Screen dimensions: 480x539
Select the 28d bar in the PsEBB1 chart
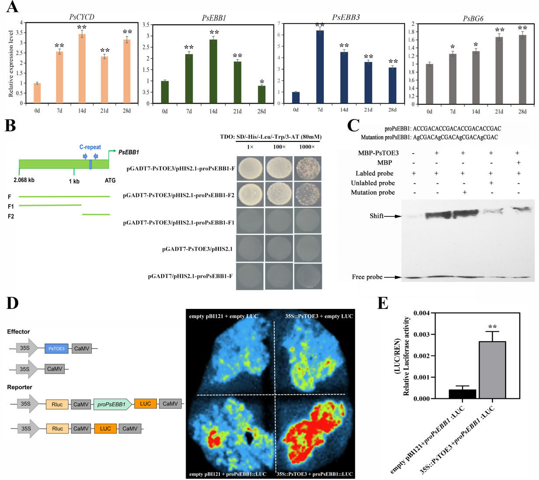point(261,95)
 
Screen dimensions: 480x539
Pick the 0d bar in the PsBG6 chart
point(429,84)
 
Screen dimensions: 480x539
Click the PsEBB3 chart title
point(346,17)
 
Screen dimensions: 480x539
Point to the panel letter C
point(353,126)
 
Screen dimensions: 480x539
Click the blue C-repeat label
point(90,147)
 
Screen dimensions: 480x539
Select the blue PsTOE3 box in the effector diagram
point(56,349)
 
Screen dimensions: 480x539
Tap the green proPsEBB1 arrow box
point(112,404)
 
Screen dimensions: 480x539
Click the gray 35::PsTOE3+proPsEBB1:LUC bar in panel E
point(492,370)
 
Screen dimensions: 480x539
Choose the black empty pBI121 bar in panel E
point(462,394)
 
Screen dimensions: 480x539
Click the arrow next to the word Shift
point(393,216)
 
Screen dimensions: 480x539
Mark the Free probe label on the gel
point(367,277)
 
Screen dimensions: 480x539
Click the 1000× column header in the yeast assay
point(307,147)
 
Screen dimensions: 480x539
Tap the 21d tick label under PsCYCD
point(104,111)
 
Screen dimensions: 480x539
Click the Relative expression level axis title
point(11,63)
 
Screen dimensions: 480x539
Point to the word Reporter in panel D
point(20,387)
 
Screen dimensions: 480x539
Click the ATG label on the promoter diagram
point(110,181)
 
